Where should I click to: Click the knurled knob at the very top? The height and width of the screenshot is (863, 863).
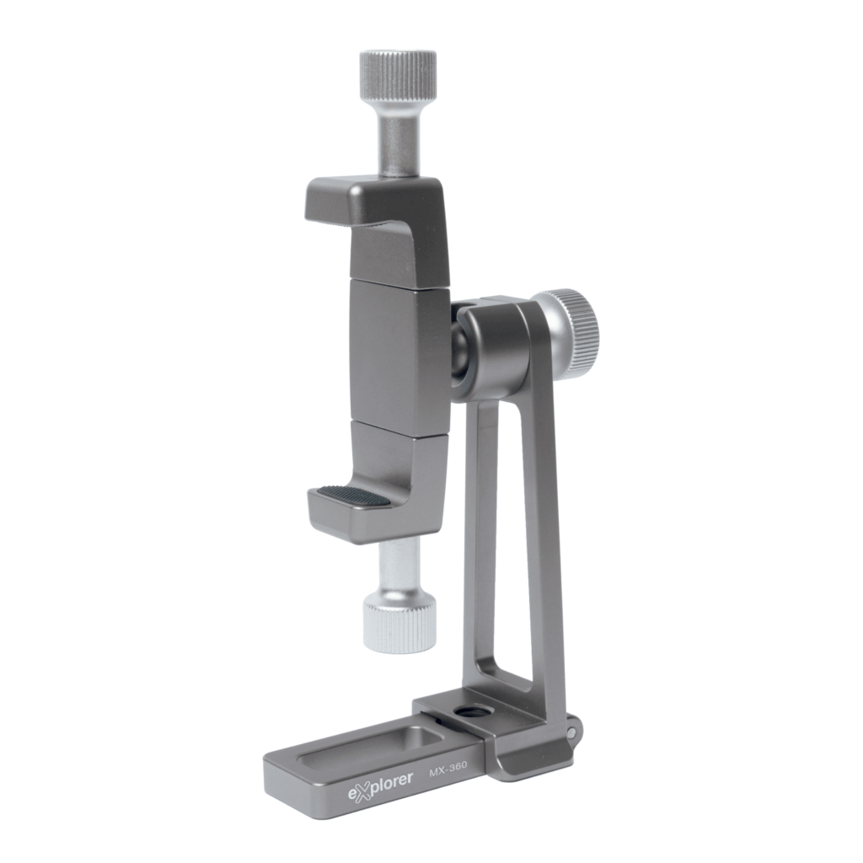[398, 76]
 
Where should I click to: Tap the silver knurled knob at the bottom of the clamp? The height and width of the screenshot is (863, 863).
[399, 626]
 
